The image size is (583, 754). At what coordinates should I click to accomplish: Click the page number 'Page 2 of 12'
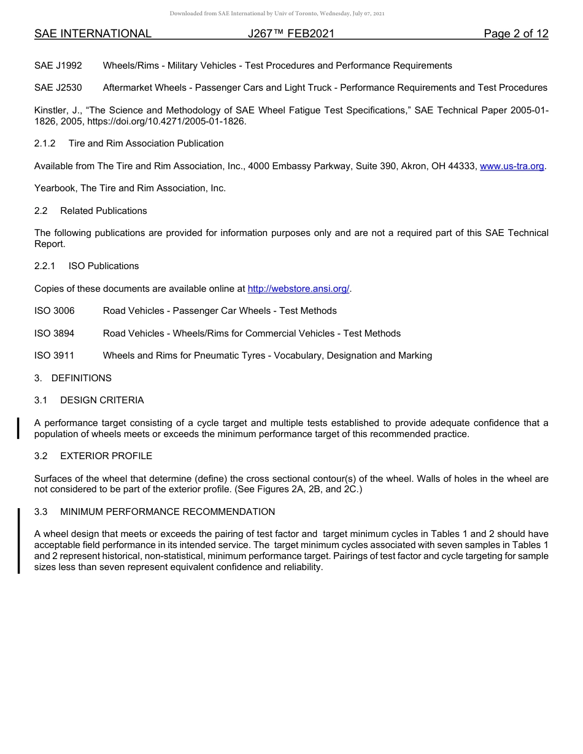pyautogui.click(x=515, y=34)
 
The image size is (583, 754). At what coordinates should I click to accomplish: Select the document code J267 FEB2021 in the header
pyautogui.click(x=291, y=34)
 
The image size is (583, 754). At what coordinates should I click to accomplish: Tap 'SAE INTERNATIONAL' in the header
pyautogui.click(x=93, y=34)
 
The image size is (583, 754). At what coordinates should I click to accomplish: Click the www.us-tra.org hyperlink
pyautogui.click(x=512, y=166)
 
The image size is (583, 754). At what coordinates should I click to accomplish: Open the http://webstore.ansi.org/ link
pyautogui.click(x=298, y=289)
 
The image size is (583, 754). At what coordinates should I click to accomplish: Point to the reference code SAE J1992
pyautogui.click(x=58, y=66)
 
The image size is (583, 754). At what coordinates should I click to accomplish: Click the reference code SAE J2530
pyautogui.click(x=58, y=88)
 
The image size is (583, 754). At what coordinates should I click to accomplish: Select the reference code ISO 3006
pyautogui.click(x=55, y=311)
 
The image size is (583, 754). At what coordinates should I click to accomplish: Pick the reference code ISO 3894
pyautogui.click(x=55, y=333)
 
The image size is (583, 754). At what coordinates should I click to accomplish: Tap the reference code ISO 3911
pyautogui.click(x=55, y=356)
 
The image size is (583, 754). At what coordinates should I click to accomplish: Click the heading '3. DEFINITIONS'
pyautogui.click(x=73, y=378)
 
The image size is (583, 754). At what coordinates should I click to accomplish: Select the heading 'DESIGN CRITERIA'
pyautogui.click(x=102, y=400)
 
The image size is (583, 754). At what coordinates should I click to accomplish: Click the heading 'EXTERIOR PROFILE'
pyautogui.click(x=106, y=456)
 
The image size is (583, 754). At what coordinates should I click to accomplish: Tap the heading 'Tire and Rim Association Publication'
pyautogui.click(x=146, y=143)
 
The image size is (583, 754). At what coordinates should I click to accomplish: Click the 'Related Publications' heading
pyautogui.click(x=103, y=211)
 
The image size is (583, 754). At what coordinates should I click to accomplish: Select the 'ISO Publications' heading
pyautogui.click(x=104, y=266)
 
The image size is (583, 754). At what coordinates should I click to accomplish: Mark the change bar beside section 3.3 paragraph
pyautogui.click(x=18, y=540)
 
